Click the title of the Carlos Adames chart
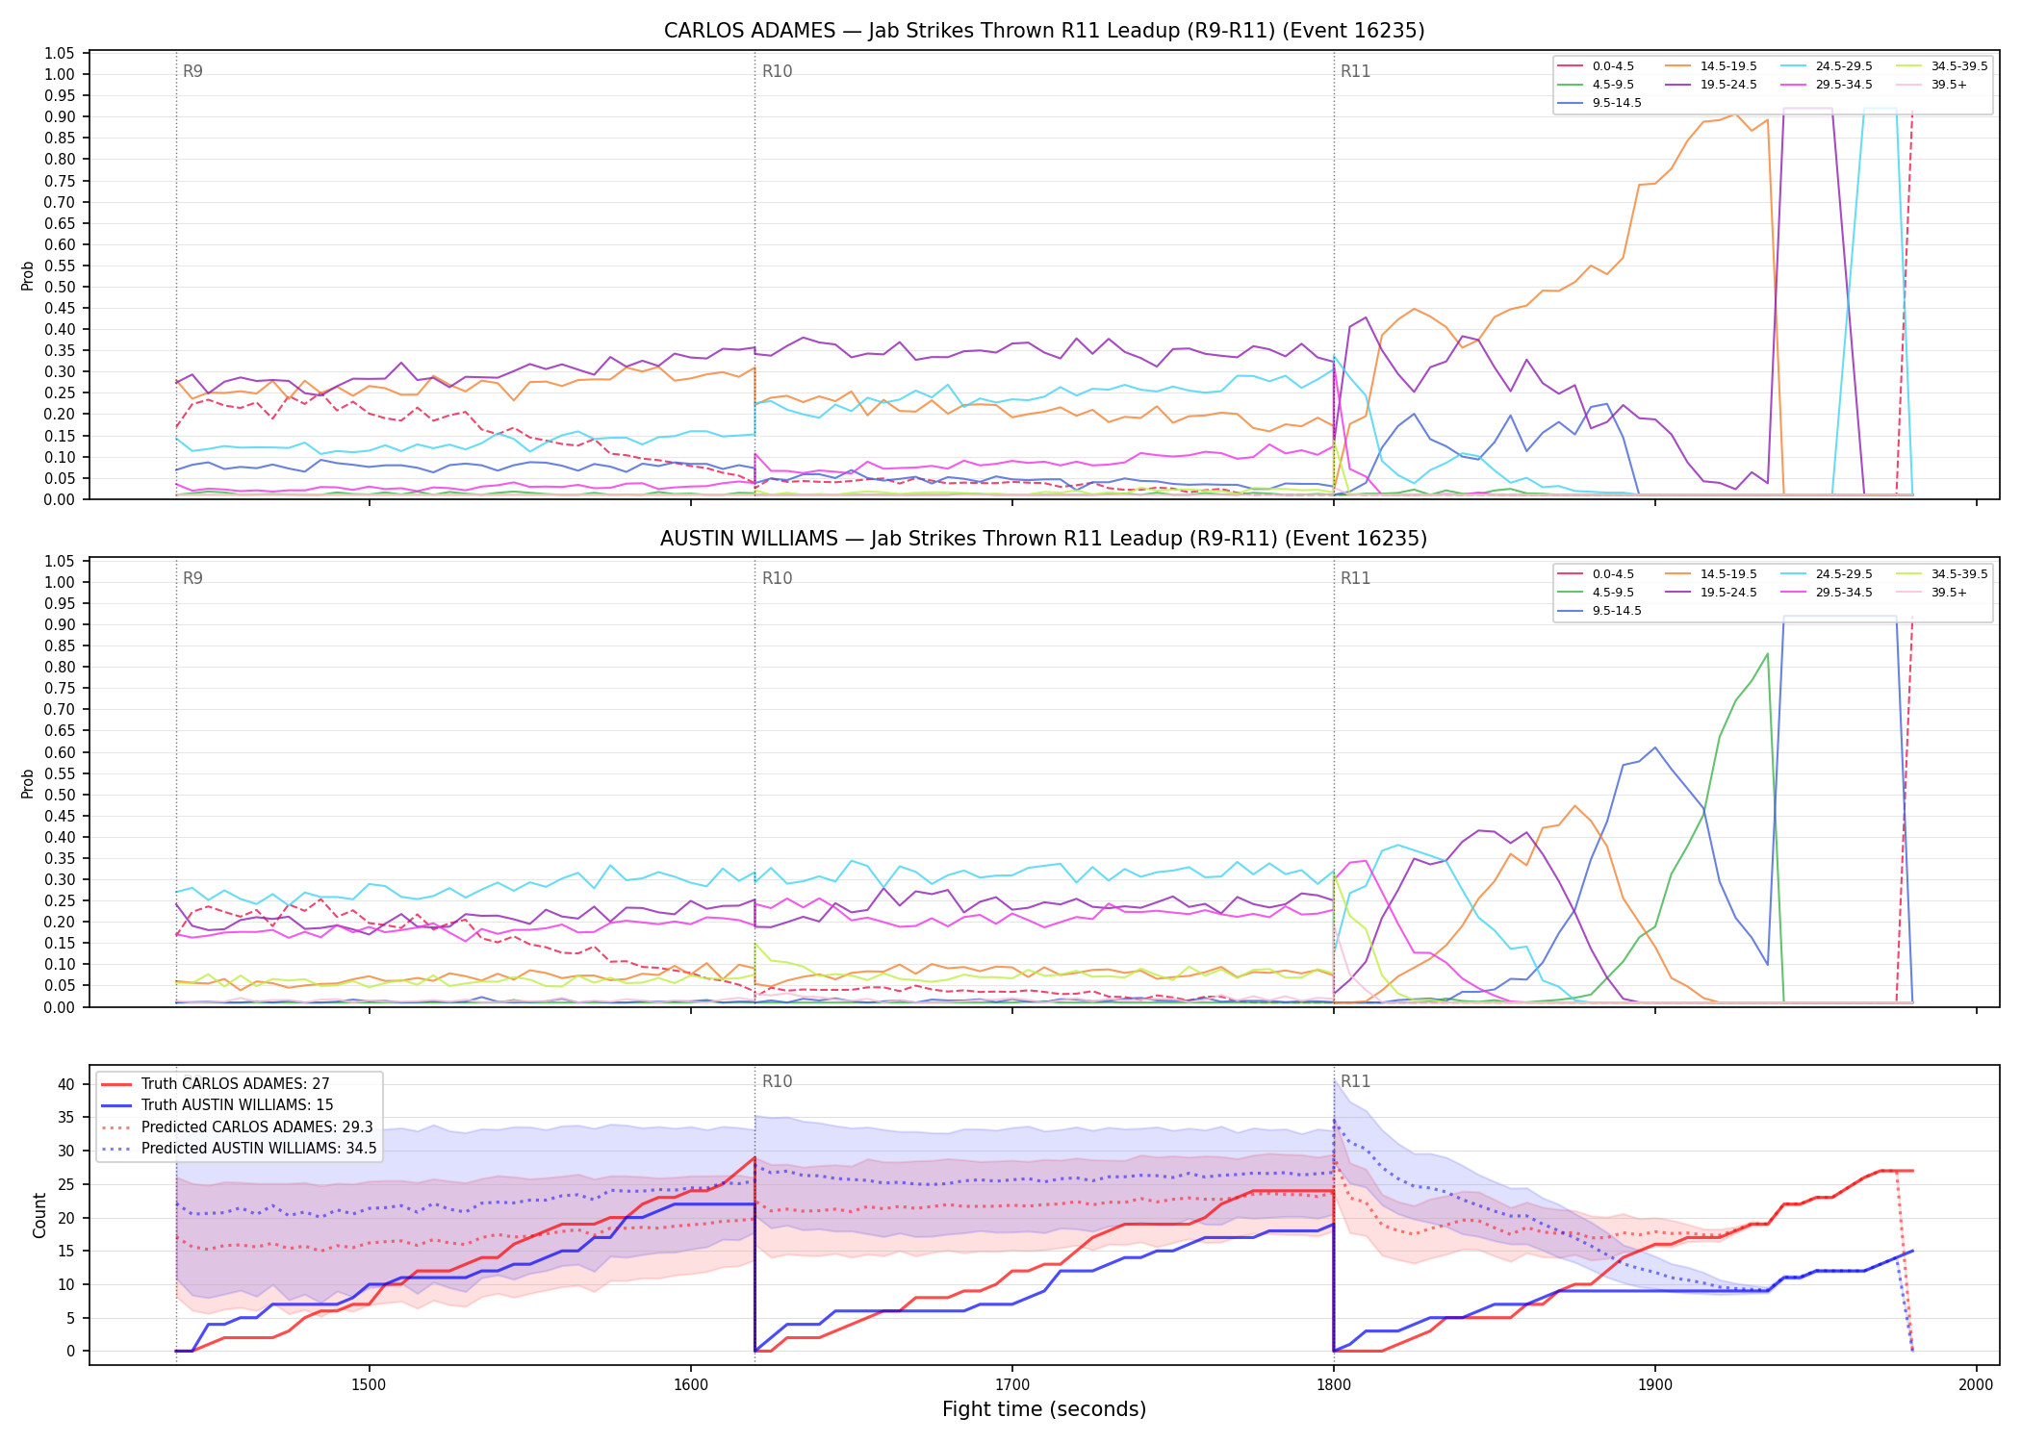(1044, 31)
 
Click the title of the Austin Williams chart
(1044, 539)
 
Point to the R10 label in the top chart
(777, 71)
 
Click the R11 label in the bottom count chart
(1355, 1081)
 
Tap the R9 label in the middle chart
(192, 578)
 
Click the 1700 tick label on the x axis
(1011, 1384)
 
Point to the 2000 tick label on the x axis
(1976, 1384)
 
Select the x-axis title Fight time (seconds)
(1044, 1409)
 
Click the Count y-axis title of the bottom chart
(39, 1215)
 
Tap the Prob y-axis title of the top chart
(28, 275)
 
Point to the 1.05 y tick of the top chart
(60, 53)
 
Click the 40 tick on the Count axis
(65, 1084)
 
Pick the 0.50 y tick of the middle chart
(60, 795)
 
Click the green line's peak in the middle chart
(1767, 654)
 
